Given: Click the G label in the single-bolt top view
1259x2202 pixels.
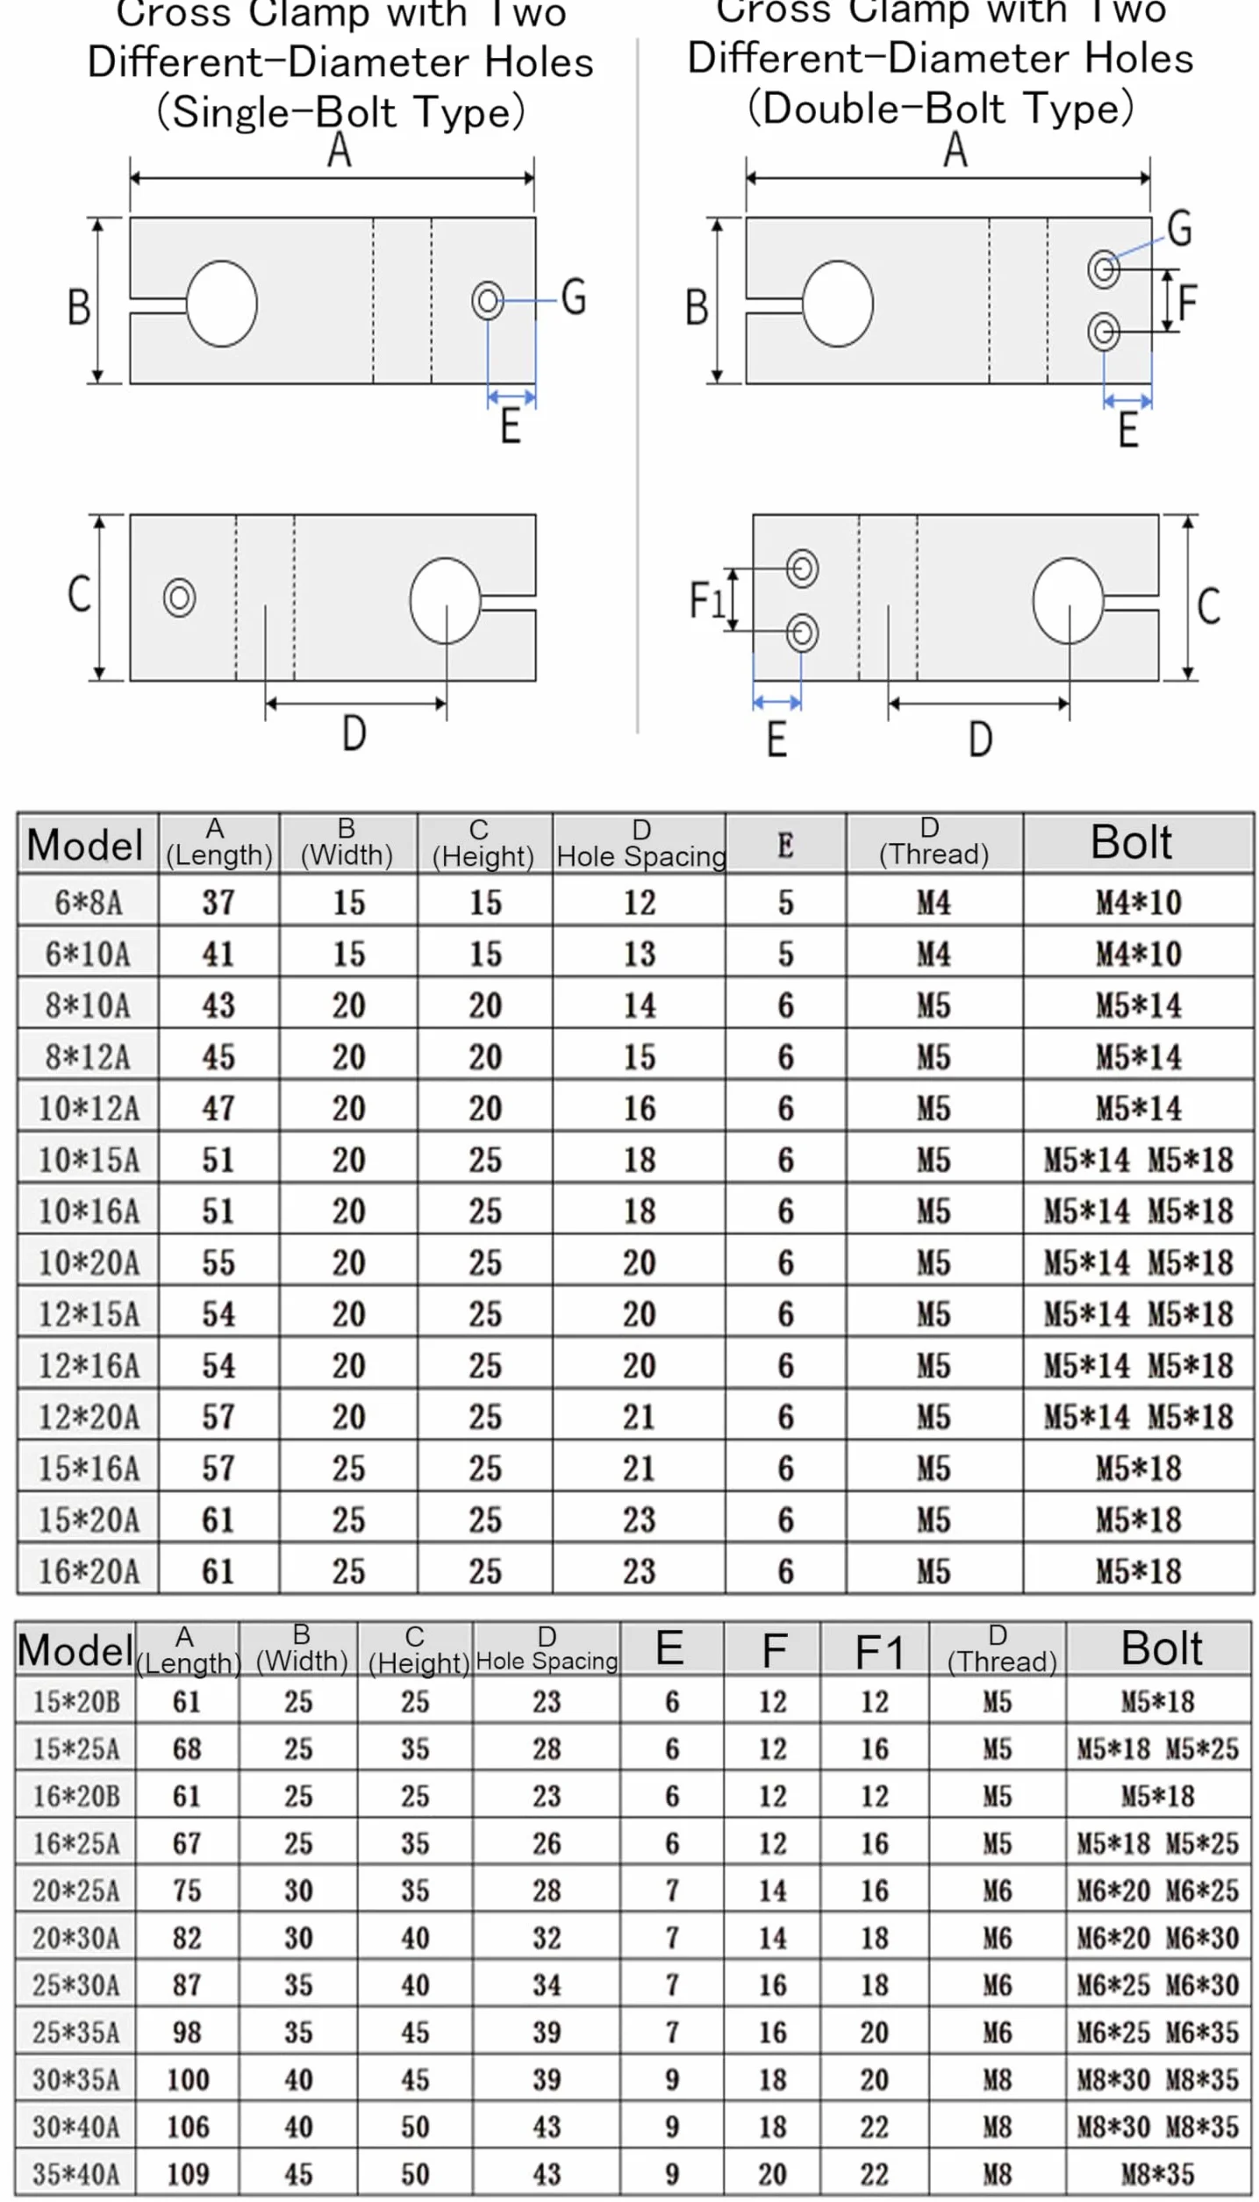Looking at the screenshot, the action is [x=574, y=297].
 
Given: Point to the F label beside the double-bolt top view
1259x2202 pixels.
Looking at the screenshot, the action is [x=1188, y=304].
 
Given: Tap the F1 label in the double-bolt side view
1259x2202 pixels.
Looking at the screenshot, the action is [x=706, y=600].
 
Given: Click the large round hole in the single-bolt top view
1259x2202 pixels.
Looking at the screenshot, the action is [x=222, y=304].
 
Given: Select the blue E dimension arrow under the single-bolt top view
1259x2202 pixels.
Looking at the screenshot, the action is [x=511, y=397].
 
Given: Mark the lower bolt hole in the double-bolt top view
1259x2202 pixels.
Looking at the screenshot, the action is [x=1104, y=332].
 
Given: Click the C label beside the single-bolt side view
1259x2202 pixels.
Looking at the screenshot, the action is [x=79, y=594].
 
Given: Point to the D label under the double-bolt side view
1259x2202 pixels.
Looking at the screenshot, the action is [x=981, y=739].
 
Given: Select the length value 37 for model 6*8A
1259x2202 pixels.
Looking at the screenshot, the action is [x=218, y=902].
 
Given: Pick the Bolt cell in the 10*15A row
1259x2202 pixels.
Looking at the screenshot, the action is [x=1138, y=1160].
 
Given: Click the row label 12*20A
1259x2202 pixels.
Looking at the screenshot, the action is [x=89, y=1417].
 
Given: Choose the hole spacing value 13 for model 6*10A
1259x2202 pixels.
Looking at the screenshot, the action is [x=640, y=954].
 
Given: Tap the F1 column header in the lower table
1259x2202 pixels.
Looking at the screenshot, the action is [x=879, y=1653].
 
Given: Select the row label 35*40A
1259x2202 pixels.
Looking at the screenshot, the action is [x=76, y=2174].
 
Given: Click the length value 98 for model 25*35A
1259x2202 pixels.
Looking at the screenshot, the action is [x=187, y=2032].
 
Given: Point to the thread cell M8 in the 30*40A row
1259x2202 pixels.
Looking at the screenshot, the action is [x=998, y=2127].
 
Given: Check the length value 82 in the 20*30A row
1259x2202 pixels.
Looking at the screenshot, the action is [x=187, y=1937].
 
